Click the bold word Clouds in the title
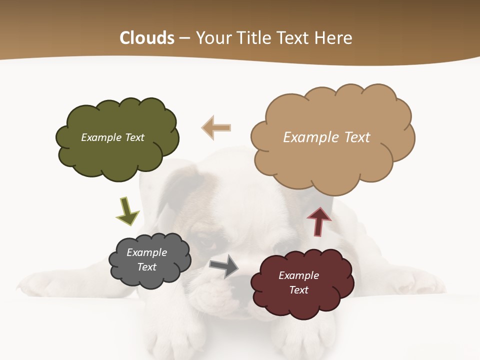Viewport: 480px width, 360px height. pos(147,38)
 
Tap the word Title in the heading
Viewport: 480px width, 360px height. pos(255,38)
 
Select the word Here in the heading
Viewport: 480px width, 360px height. pos(334,38)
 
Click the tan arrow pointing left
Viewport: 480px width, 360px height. pos(216,127)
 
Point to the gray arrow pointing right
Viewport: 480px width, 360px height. pos(224,266)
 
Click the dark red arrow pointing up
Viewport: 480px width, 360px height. pos(319,221)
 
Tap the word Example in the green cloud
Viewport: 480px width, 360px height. pos(101,137)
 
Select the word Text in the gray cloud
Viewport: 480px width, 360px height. pos(147,267)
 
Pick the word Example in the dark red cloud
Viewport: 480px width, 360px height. pos(298,275)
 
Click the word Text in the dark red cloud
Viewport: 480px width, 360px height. pos(298,290)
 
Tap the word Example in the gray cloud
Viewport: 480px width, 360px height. pos(147,252)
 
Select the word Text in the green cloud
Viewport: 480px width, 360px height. pos(134,137)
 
